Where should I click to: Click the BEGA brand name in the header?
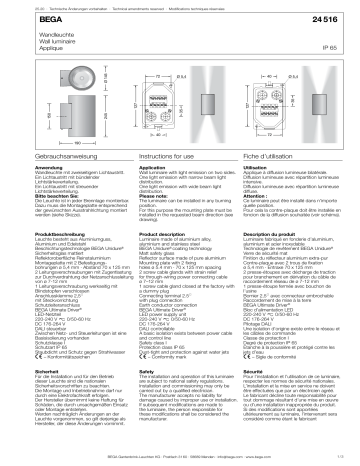21,21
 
